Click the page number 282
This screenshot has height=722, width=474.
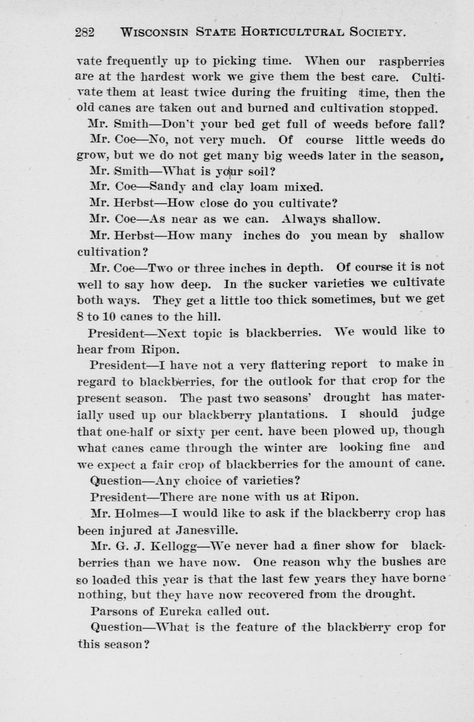(x=85, y=32)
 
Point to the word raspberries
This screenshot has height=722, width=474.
(x=411, y=62)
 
